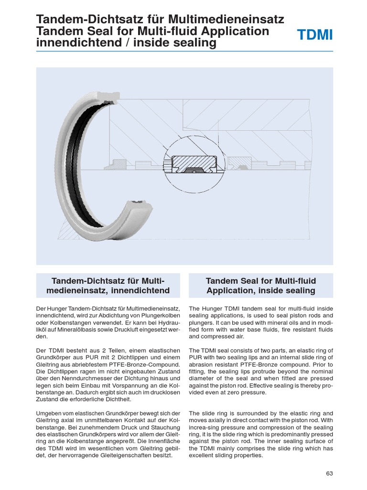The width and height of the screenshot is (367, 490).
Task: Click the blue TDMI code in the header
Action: [315, 35]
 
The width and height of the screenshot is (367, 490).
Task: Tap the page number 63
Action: [329, 473]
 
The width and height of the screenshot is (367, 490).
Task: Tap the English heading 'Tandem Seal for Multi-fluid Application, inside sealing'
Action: [260, 286]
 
